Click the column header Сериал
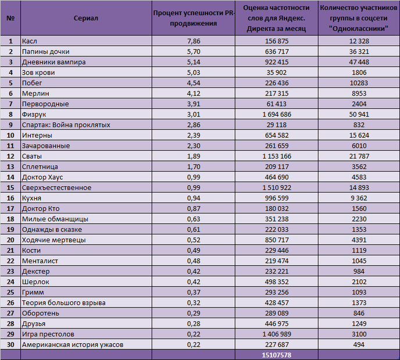point(85,18)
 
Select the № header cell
point(10,18)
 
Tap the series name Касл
point(29,41)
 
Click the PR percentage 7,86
point(194,41)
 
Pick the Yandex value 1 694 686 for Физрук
point(277,115)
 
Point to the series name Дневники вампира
point(54,62)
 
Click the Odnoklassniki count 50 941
point(359,115)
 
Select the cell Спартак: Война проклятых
point(66,125)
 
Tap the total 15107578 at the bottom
point(277,355)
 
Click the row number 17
point(10,208)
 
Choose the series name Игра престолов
point(48,334)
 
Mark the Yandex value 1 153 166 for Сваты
point(277,156)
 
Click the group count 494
point(359,344)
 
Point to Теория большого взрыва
point(64,302)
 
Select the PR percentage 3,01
point(194,115)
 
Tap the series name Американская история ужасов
point(73,344)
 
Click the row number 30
point(10,344)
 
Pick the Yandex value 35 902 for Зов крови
point(277,73)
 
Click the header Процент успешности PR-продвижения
point(194,18)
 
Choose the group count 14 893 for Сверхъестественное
point(359,187)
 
